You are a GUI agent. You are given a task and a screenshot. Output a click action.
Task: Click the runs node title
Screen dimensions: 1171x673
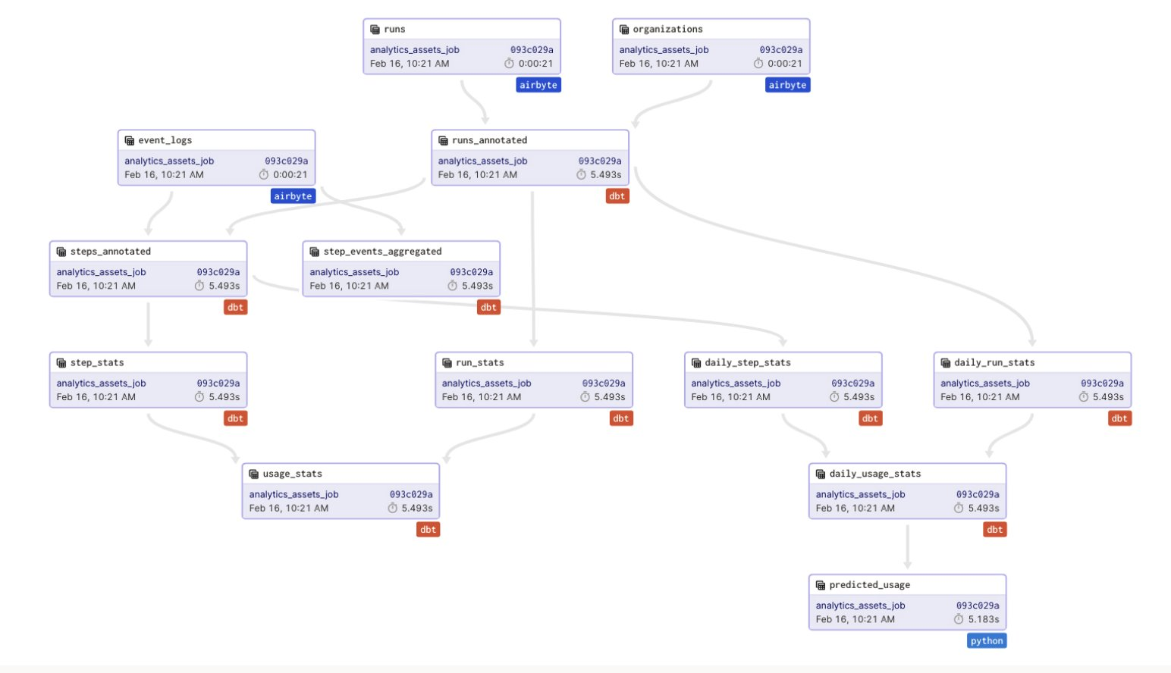[x=394, y=30]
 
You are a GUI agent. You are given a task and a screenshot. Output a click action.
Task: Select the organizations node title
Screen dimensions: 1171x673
[x=667, y=30]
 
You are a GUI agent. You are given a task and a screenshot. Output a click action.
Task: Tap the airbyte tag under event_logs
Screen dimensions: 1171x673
[x=293, y=196]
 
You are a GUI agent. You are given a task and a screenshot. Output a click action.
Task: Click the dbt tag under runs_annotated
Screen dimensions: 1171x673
[x=617, y=196]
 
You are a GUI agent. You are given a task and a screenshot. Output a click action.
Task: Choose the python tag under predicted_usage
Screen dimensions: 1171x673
[x=987, y=640]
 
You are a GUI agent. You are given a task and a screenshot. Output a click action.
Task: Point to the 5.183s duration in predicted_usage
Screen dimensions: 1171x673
[x=984, y=619]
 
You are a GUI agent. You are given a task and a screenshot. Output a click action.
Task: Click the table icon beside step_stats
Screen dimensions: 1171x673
[x=61, y=362]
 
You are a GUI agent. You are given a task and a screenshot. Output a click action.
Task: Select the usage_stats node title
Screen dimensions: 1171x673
[x=292, y=474]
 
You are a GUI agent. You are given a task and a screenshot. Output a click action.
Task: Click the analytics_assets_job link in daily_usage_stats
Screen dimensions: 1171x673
[x=860, y=494]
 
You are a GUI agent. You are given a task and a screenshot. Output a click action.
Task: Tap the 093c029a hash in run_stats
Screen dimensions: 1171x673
[x=603, y=383]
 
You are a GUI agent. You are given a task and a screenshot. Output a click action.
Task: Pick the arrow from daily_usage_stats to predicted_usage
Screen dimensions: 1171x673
[x=908, y=546]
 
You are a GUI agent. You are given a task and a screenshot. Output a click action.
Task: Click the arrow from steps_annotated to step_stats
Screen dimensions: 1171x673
[x=149, y=324]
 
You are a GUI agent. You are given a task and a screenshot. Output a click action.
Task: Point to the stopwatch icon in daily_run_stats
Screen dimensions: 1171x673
[x=1084, y=397]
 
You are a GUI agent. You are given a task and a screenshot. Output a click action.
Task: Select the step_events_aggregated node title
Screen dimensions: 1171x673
[x=382, y=252]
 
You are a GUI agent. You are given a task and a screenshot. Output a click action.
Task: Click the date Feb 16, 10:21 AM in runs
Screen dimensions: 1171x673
[x=410, y=64]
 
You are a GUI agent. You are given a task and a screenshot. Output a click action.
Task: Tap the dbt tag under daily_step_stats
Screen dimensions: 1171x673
[x=871, y=418]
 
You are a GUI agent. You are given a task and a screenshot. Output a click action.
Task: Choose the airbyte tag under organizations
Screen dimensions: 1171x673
[x=787, y=85]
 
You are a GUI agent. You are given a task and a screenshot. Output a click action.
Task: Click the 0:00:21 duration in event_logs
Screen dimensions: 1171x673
[x=290, y=175]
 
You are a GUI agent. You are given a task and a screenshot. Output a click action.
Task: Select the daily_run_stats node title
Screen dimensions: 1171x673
[x=994, y=362]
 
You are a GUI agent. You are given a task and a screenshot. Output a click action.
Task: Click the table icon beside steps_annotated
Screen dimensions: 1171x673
[x=61, y=252]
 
